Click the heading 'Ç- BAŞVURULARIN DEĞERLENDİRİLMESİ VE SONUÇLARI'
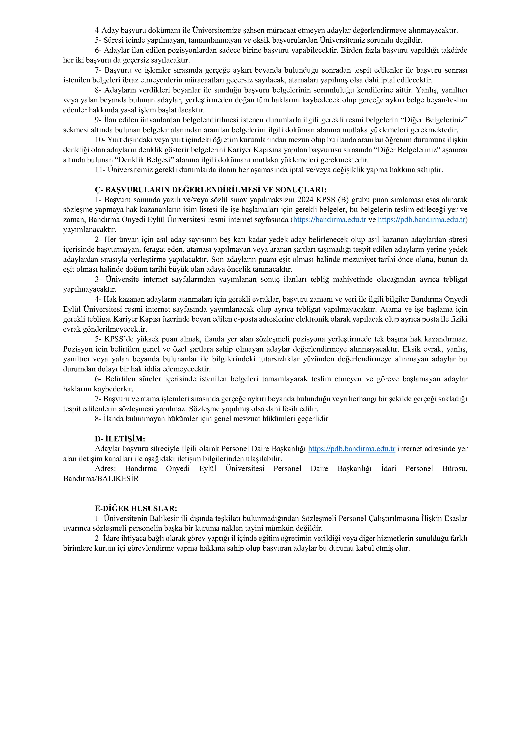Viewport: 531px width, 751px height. [211, 190]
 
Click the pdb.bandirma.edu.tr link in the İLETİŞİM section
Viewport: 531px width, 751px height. [352, 449]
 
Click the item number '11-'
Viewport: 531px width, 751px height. [100, 170]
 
